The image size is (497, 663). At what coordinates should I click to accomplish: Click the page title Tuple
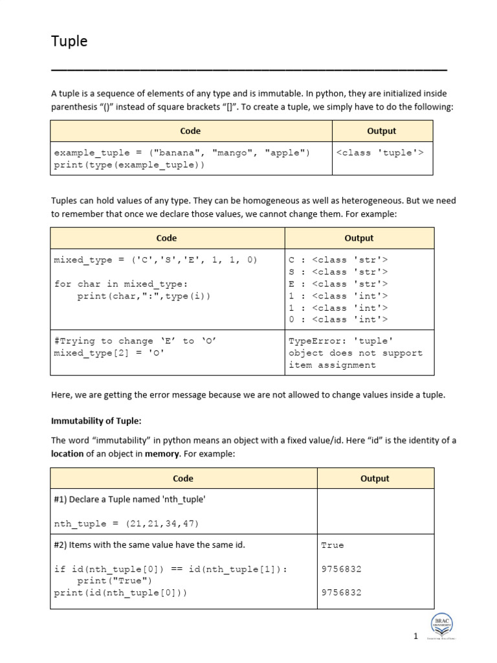tap(69, 41)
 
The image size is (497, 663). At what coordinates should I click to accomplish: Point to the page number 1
tap(416, 636)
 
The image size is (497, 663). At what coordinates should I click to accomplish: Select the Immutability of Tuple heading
tap(96, 420)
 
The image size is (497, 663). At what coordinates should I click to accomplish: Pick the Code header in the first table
tap(190, 131)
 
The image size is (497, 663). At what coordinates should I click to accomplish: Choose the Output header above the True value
tap(375, 478)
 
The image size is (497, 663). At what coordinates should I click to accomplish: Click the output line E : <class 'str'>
tap(338, 284)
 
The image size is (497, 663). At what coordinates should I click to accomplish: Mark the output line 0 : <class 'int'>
tap(338, 319)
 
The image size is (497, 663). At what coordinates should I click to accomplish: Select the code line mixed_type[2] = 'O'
tap(109, 353)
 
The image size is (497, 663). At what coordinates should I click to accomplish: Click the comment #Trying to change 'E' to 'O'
tap(124, 341)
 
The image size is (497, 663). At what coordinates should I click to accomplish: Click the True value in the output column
tap(333, 545)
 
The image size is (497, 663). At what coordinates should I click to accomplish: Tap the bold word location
tap(68, 454)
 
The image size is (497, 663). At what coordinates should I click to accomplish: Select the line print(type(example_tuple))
tap(129, 165)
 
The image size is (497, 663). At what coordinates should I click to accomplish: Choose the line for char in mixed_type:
tap(120, 284)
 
